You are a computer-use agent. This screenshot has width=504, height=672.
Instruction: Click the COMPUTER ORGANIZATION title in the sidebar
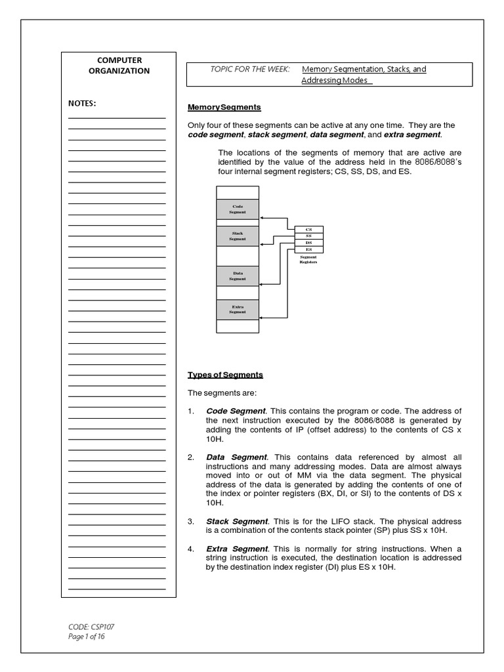119,65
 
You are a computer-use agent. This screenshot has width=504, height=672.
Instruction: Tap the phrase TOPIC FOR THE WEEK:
249,69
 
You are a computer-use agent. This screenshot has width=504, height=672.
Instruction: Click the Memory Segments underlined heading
224,107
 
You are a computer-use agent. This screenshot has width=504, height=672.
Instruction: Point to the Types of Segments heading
225,375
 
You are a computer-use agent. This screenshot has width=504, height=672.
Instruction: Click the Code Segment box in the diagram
238,209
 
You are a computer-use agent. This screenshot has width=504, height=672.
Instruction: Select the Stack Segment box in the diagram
238,236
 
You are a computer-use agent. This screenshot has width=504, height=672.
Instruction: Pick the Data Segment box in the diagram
238,276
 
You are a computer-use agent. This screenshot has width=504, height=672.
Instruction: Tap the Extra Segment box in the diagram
238,309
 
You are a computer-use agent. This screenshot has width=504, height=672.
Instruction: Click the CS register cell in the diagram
308,229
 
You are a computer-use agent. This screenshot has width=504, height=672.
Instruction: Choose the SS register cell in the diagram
308,236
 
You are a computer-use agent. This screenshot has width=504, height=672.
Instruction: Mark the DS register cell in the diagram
308,242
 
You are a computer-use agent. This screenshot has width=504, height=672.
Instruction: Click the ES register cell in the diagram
308,249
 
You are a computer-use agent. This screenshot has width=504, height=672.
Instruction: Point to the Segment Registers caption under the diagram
308,259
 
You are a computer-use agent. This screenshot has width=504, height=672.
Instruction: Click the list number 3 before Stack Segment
190,521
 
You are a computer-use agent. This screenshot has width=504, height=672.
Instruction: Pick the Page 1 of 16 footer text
87,636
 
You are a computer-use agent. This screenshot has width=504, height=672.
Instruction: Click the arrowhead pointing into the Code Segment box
262,218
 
